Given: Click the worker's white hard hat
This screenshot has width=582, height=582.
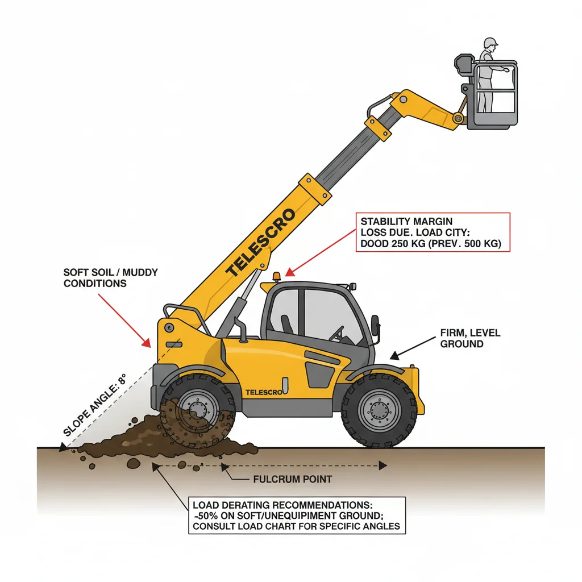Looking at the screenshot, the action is tap(490, 42).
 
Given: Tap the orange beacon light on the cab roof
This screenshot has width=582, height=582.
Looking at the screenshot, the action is tap(277, 277).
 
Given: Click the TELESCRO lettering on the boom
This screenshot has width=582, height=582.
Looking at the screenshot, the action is tap(260, 243).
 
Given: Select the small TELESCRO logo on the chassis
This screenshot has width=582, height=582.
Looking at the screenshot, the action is tap(264, 392).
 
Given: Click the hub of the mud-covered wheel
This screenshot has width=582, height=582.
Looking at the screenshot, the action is tap(197, 409).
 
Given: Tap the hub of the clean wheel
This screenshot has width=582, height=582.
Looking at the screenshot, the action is tap(379, 410).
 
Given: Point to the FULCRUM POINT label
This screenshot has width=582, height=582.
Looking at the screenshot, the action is tap(293, 479).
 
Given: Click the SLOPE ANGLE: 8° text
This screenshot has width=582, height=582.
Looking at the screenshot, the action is tap(95, 405).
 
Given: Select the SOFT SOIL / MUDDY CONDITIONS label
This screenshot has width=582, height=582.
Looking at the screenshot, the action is tap(111, 277).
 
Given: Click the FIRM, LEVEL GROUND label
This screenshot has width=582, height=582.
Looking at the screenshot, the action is tap(470, 338).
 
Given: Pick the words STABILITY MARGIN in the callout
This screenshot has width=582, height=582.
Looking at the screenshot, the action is tap(406, 222).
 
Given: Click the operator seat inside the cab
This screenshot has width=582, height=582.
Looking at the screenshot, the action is tap(287, 325).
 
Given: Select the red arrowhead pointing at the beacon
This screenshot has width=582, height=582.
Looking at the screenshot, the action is tap(289, 273).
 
